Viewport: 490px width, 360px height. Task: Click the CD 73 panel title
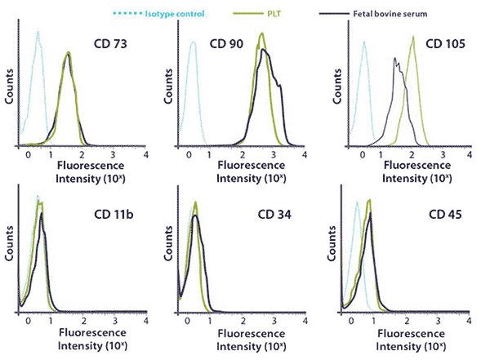pos(109,42)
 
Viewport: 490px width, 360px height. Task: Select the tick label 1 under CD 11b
pos(51,322)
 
